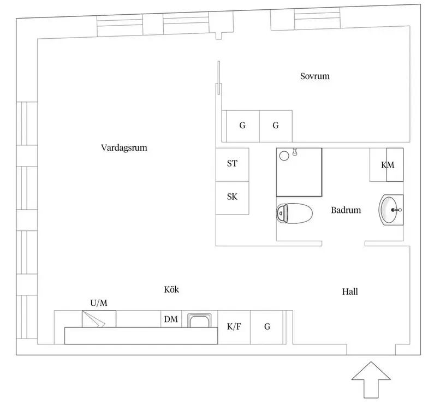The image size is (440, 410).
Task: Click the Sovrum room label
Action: pos(314,76)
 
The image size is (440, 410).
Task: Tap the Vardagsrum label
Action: pos(124,147)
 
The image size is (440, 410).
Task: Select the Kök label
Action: pos(171,289)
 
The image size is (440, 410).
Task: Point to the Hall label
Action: pos(350,292)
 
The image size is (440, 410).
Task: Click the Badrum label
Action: pos(346,210)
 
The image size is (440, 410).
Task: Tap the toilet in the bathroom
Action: pos(294,213)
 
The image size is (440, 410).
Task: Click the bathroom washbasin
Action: pos(391,210)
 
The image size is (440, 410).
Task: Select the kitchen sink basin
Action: pos(199,320)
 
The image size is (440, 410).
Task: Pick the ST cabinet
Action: pos(232,164)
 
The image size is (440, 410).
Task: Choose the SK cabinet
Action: pos(232,198)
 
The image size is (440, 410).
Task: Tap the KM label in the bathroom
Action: pos(388,165)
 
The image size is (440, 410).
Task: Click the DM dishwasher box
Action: pos(171,319)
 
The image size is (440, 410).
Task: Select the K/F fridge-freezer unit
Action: pos(234,327)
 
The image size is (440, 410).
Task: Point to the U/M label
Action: pos(99,303)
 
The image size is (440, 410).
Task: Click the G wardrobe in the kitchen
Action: pos(266,327)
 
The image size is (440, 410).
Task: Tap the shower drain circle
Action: pos(284,156)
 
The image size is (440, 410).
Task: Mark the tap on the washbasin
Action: pos(396,210)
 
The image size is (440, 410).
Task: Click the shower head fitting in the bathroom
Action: pos(295,152)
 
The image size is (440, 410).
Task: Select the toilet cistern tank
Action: pos(282,213)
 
